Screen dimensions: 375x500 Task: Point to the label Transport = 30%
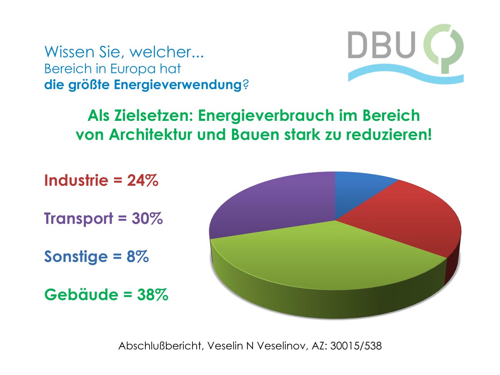[x=103, y=219]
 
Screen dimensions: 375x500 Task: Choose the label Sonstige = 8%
[x=97, y=257]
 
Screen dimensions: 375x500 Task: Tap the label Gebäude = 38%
[x=106, y=295]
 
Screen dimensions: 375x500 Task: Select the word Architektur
[x=144, y=135]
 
